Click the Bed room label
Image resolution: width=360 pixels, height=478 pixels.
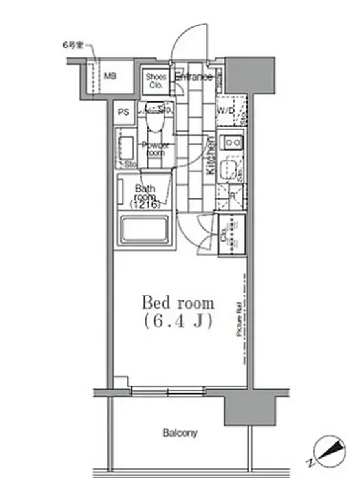178,302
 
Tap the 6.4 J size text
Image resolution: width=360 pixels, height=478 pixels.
178,321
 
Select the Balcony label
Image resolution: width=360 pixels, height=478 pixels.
180,433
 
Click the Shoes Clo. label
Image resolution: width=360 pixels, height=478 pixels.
156,80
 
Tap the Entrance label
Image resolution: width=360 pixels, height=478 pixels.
193,78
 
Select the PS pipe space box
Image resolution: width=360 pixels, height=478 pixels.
123,112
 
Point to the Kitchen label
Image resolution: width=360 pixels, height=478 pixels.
211,157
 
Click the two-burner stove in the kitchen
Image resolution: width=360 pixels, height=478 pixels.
231,141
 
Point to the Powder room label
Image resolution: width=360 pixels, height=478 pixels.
155,149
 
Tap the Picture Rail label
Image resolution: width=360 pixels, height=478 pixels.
238,321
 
